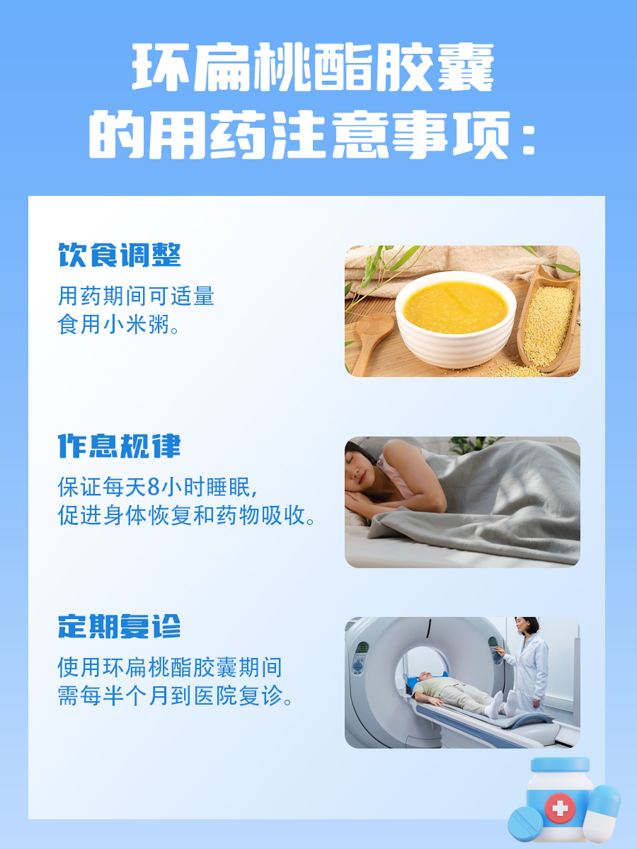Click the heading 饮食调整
tap(120, 256)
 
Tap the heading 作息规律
tap(120, 446)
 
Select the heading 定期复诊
tap(120, 626)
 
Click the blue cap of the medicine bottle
tap(559, 765)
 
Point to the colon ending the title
tap(527, 140)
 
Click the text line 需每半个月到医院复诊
tap(176, 695)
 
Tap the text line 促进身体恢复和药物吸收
tap(187, 516)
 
